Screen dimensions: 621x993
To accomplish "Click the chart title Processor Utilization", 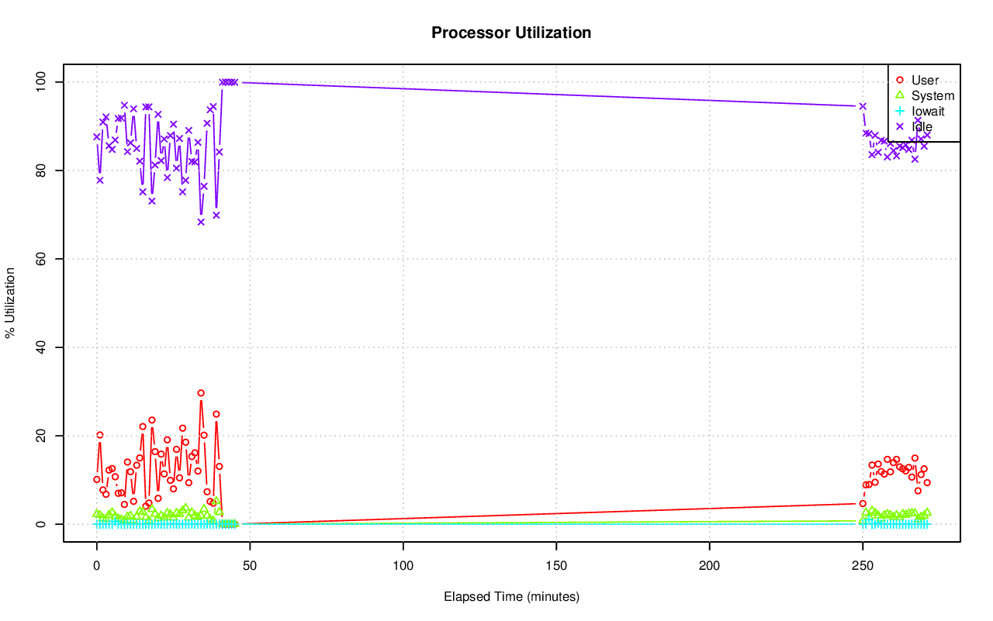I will tap(511, 33).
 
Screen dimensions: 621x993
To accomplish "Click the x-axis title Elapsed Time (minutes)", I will tap(511, 597).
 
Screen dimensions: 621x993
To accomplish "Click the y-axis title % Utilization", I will tap(10, 302).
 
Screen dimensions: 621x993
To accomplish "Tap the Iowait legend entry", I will tap(928, 112).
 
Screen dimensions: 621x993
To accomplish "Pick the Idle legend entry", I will tap(922, 127).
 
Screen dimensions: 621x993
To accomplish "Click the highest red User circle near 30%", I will tap(201, 393).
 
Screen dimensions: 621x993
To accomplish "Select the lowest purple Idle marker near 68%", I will tap(201, 222).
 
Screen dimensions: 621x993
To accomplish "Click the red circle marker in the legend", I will tap(900, 80).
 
